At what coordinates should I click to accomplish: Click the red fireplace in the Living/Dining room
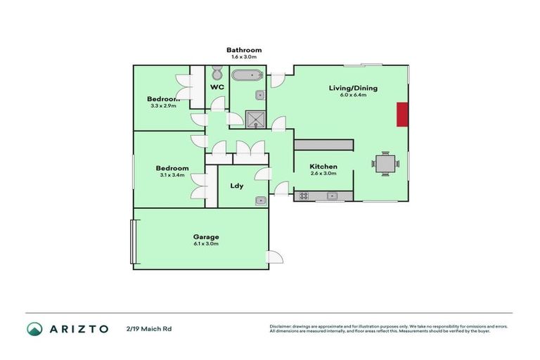click(402, 115)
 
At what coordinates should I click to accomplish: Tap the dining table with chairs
click(385, 164)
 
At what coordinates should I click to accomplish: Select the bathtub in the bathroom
click(247, 76)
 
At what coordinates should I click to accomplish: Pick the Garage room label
click(206, 237)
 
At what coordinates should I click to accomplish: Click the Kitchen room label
click(323, 167)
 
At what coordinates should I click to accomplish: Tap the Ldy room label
click(237, 186)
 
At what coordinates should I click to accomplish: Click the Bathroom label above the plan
click(244, 50)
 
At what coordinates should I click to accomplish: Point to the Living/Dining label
click(353, 88)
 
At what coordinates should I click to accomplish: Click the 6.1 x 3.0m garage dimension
click(206, 244)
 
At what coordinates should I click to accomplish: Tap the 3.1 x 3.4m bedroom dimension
click(172, 175)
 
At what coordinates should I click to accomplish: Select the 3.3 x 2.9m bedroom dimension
click(163, 106)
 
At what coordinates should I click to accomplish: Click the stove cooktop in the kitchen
click(304, 196)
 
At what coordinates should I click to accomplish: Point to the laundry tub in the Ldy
click(260, 200)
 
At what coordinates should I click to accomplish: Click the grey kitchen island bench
click(323, 144)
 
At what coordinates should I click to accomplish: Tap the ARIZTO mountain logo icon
click(34, 328)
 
